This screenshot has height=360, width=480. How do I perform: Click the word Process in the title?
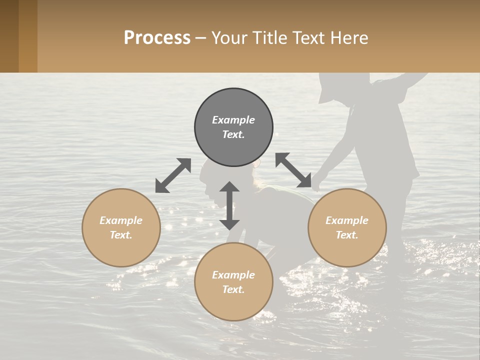157,38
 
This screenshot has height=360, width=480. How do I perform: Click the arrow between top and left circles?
173,175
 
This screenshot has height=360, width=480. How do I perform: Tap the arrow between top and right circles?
293,170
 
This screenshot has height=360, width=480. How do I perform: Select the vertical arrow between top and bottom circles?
229,205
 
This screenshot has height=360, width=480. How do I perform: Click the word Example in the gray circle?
233,120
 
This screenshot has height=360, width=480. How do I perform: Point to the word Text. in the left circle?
121,235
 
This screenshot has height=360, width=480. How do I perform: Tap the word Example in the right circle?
347,220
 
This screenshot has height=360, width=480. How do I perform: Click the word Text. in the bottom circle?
233,289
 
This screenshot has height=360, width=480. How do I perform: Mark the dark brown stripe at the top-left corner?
9,36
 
